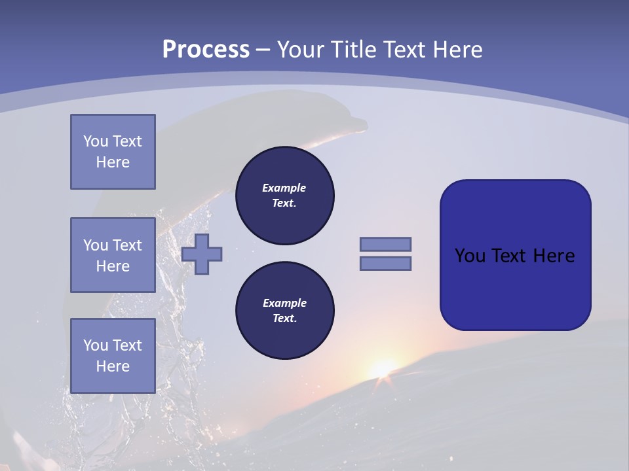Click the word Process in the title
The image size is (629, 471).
[x=206, y=49]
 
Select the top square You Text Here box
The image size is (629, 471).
[x=113, y=152]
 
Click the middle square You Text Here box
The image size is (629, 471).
[x=113, y=255]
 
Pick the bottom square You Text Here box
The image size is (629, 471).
[x=113, y=356]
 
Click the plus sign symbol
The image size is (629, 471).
[x=202, y=254]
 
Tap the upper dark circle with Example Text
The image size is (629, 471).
[x=285, y=196]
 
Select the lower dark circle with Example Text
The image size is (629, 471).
[x=285, y=311]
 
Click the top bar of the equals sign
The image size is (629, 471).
[x=385, y=244]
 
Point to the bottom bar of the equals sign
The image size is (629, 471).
[x=385, y=264]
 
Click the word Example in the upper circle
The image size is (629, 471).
[x=284, y=188]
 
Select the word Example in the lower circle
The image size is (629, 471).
[x=284, y=303]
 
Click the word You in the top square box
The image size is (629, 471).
[x=95, y=141]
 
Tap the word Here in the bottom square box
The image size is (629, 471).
[x=113, y=366]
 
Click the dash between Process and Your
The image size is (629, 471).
[x=263, y=50]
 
